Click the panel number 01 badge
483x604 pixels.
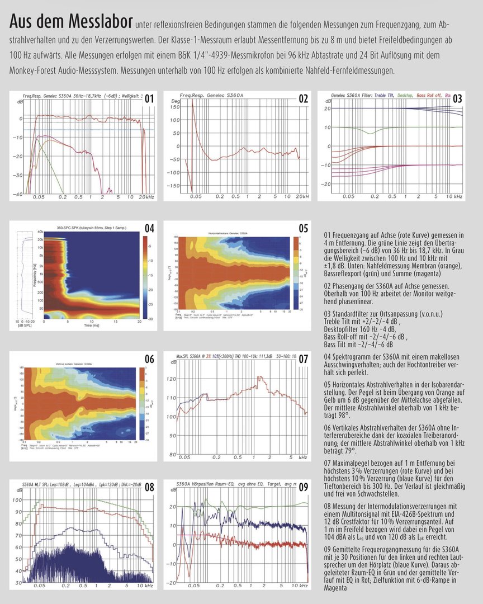tap(149, 100)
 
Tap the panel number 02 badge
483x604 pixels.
tap(303, 100)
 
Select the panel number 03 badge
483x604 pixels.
tap(457, 100)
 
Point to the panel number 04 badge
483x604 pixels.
tap(149, 229)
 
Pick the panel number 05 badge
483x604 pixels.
tap(303, 229)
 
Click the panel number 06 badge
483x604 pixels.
tap(149, 359)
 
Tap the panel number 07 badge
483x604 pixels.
tap(303, 359)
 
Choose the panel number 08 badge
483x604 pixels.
tap(149, 487)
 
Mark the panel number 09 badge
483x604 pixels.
tap(303, 487)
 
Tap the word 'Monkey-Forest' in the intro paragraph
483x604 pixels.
tap(35, 70)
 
